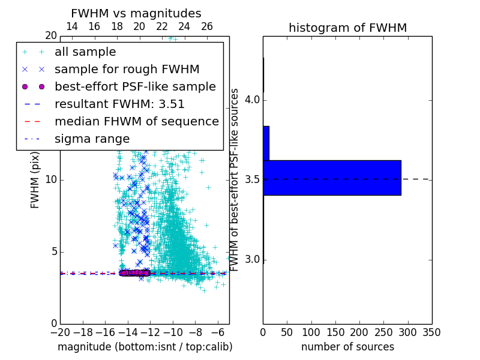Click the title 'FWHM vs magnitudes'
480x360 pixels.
136,14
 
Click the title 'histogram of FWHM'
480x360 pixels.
347,28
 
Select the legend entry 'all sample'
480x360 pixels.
85,52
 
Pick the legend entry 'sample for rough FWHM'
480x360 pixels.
127,70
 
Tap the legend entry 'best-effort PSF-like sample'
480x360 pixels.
135,87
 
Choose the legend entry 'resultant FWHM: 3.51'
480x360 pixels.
119,104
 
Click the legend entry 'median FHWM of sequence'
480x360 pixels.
136,122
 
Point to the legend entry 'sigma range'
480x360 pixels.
92,139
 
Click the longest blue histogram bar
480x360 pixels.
332,178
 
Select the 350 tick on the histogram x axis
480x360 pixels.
431,332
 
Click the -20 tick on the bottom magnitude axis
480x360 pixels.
60,332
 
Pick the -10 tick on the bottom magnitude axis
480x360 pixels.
173,332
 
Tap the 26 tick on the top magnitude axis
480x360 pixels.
207,26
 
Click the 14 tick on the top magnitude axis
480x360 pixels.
71,26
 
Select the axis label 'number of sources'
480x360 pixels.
347,347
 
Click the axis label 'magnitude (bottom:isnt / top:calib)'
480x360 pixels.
145,347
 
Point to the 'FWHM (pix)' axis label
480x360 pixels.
35,180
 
